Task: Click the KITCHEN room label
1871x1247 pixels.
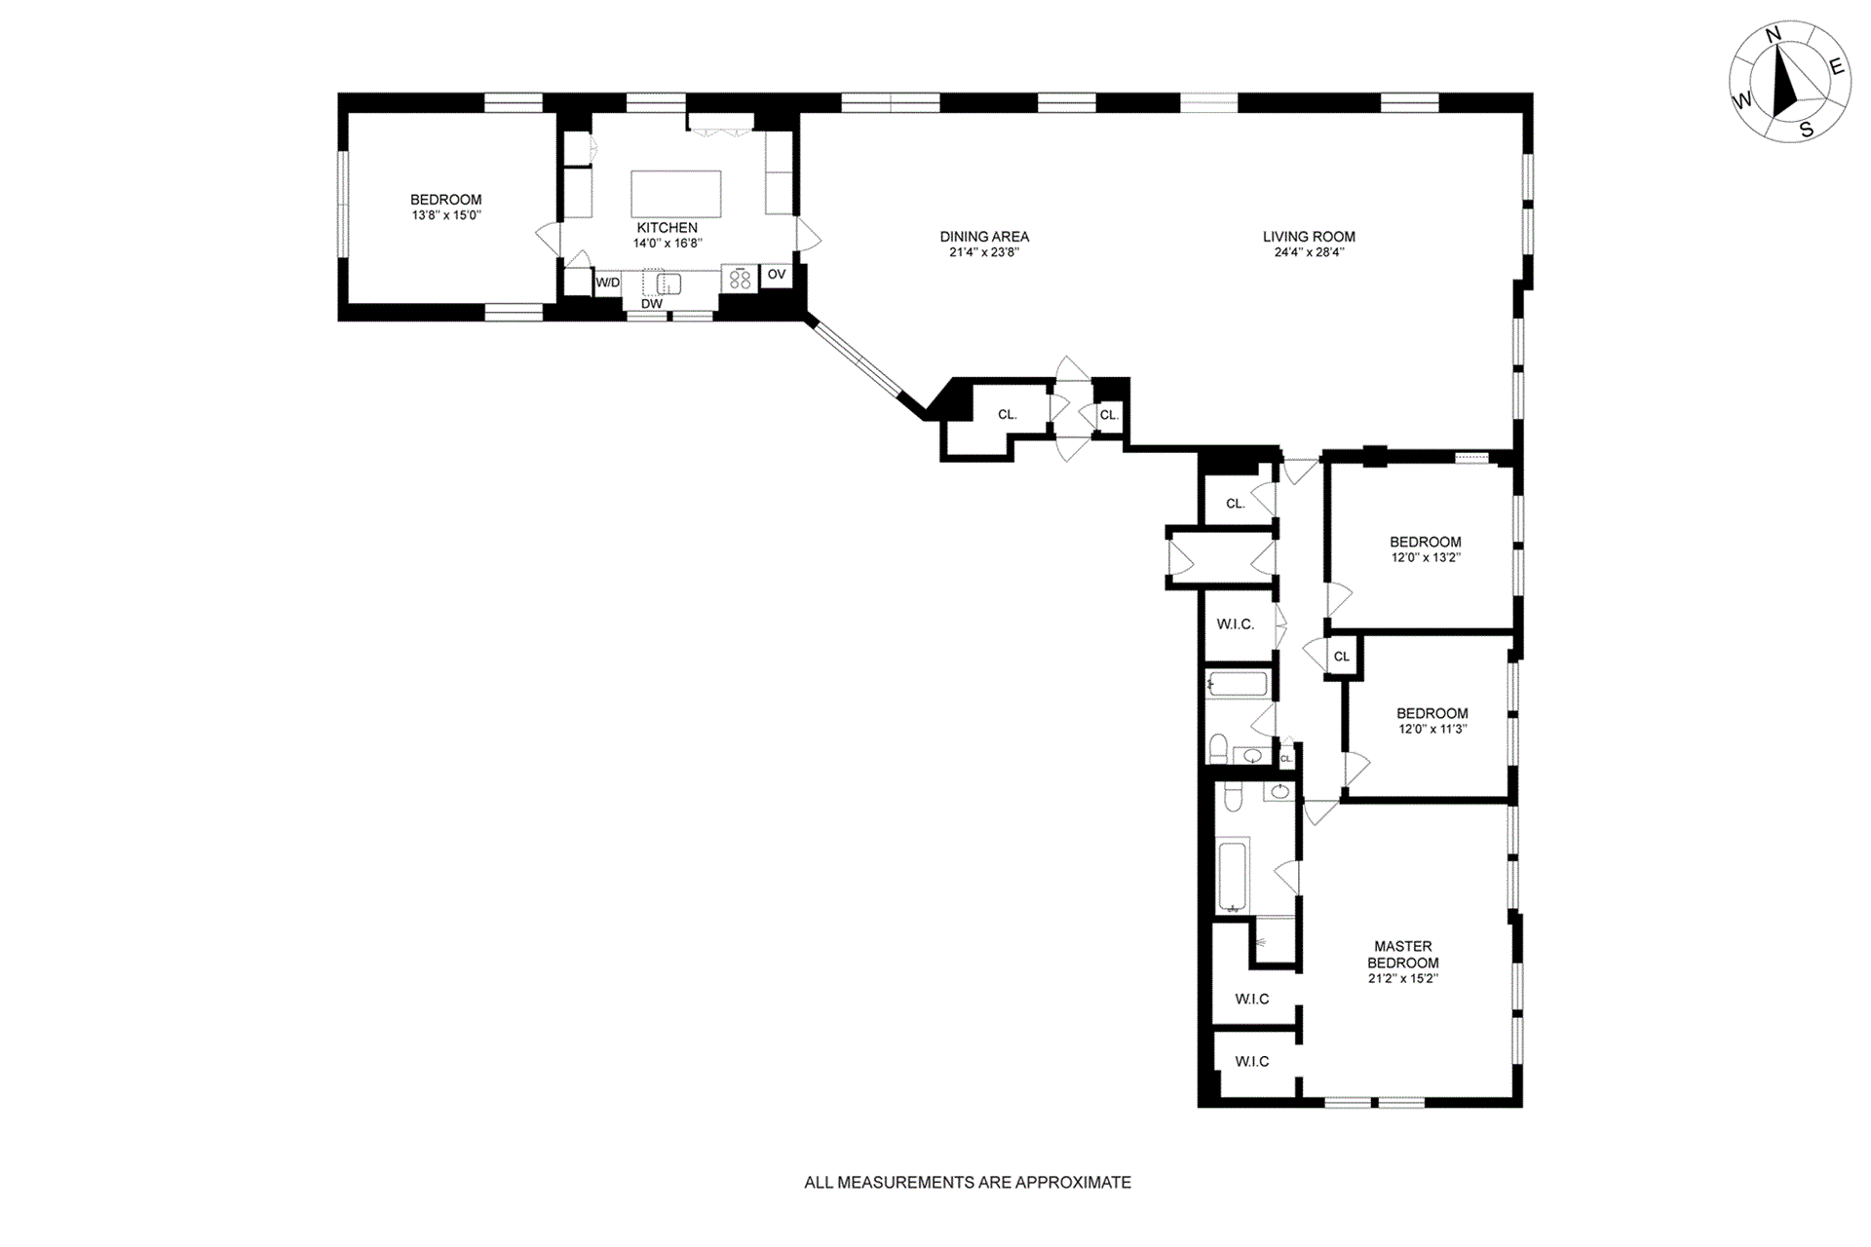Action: point(667,228)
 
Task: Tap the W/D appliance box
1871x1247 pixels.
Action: point(608,283)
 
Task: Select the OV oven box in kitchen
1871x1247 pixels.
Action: point(776,275)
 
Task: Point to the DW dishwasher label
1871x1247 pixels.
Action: point(652,304)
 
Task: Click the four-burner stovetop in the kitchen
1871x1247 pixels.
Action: point(740,279)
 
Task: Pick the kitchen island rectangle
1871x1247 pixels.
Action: point(676,194)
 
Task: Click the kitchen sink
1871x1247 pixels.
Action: point(668,283)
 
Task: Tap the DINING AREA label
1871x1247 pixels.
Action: point(984,237)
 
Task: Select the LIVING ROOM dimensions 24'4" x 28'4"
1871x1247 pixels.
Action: point(1309,252)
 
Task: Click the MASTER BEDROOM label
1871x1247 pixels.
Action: point(1403,954)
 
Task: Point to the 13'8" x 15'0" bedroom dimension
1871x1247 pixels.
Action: point(446,215)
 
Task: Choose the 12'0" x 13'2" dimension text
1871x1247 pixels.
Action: point(1426,558)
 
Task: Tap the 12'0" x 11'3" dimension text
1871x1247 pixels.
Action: point(1432,729)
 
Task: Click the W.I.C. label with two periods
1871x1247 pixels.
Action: point(1236,624)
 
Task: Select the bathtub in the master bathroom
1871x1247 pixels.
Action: point(1234,876)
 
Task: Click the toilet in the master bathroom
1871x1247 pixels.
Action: point(1232,797)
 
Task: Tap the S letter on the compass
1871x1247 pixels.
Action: point(1807,130)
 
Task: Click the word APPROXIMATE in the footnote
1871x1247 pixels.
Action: point(1073,1183)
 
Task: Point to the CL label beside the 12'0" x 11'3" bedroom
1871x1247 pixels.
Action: point(1342,657)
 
